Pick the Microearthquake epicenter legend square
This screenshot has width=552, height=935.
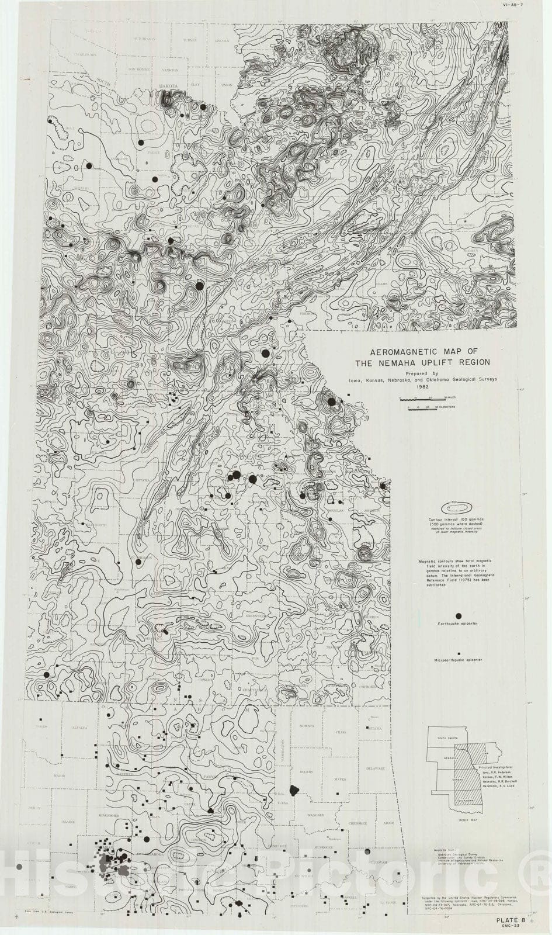(459, 653)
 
